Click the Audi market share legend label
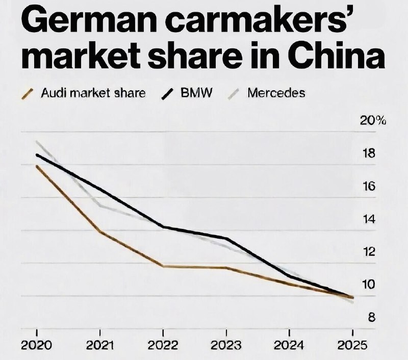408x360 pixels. coord(93,93)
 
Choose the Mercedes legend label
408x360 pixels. coord(276,93)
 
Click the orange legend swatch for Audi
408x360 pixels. coord(30,94)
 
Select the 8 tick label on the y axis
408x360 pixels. coord(372,318)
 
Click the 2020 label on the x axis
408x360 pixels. coord(36,345)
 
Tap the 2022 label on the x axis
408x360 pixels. coord(163,345)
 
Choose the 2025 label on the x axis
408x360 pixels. coord(352,345)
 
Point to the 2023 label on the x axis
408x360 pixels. coord(226,345)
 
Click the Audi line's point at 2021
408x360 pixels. coord(100,232)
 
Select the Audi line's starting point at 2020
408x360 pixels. coord(37,166)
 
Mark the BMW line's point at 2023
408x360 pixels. coord(226,238)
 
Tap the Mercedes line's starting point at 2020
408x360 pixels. coord(37,142)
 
